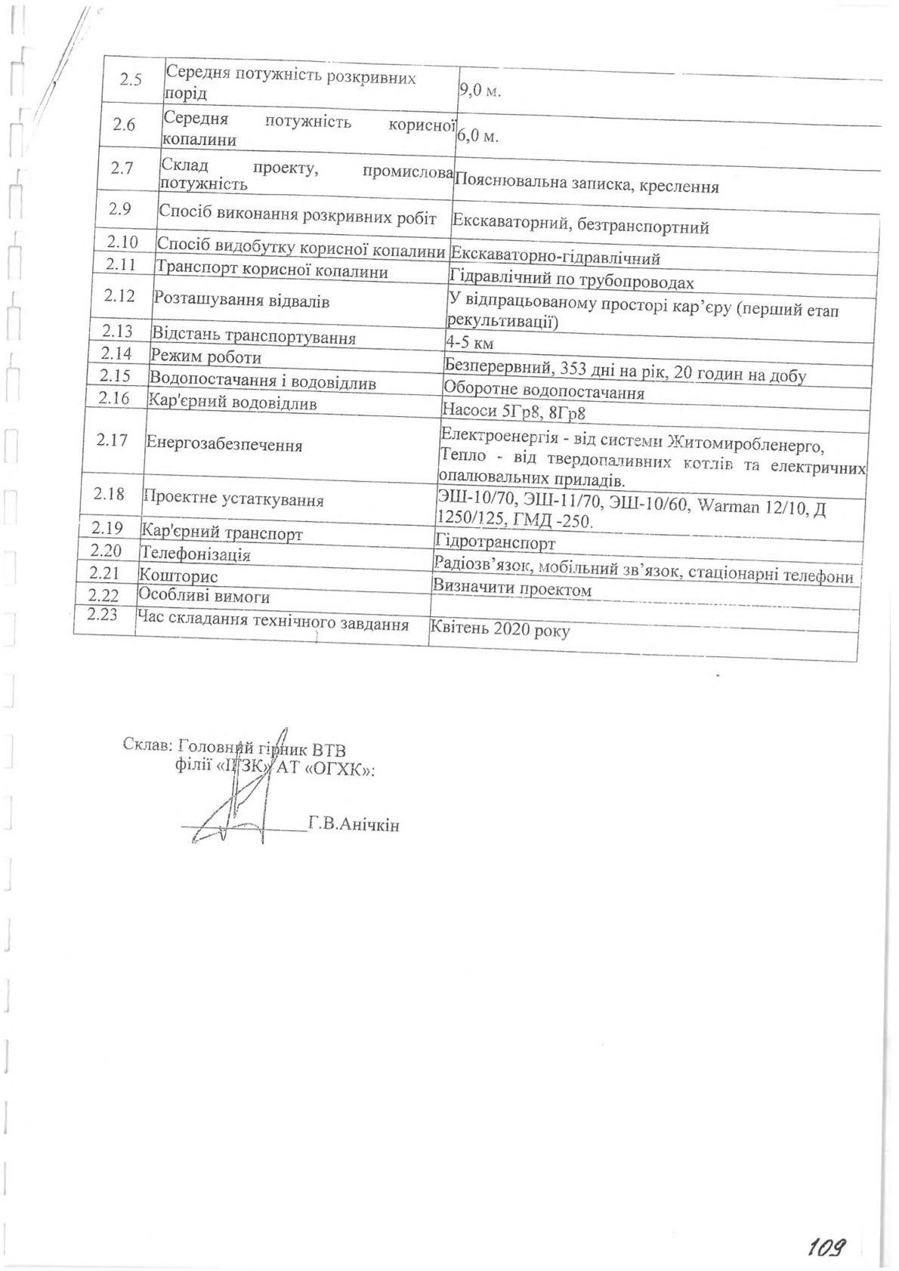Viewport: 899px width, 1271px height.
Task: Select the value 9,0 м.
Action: click(481, 91)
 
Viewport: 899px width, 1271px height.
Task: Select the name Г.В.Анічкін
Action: click(354, 824)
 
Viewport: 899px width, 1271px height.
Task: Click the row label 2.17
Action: click(113, 440)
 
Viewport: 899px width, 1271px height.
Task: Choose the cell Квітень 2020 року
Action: click(499, 628)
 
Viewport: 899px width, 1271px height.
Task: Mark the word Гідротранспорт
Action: click(496, 542)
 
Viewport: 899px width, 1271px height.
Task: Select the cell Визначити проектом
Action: click(511, 588)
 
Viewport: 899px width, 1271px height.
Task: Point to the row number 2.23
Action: click(103, 615)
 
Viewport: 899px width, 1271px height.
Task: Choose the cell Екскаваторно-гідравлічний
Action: click(555, 258)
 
